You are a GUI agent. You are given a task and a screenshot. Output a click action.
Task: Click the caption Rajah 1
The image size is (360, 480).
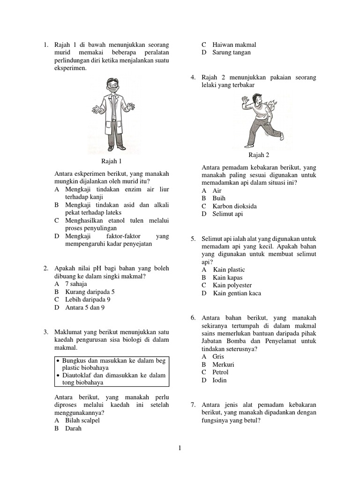[x=111, y=162]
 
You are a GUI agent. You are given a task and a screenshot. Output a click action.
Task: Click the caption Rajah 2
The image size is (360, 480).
[x=259, y=155]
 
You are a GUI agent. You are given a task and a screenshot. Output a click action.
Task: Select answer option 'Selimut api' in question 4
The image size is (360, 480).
[x=227, y=214]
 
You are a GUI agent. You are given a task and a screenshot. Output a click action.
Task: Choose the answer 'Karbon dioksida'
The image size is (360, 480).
[x=234, y=206]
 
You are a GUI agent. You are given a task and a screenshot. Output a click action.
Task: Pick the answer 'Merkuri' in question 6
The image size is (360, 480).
[x=223, y=364]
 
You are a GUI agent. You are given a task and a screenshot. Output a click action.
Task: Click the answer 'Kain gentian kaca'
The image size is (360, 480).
[x=237, y=293]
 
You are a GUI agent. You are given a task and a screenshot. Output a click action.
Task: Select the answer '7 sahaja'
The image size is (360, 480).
[x=76, y=284]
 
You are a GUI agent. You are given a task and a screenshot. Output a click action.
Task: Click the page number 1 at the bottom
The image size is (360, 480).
[x=180, y=448]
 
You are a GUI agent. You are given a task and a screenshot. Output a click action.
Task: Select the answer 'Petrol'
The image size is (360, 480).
[x=220, y=372]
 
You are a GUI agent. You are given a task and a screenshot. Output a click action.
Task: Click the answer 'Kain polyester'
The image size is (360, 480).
[x=232, y=285]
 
